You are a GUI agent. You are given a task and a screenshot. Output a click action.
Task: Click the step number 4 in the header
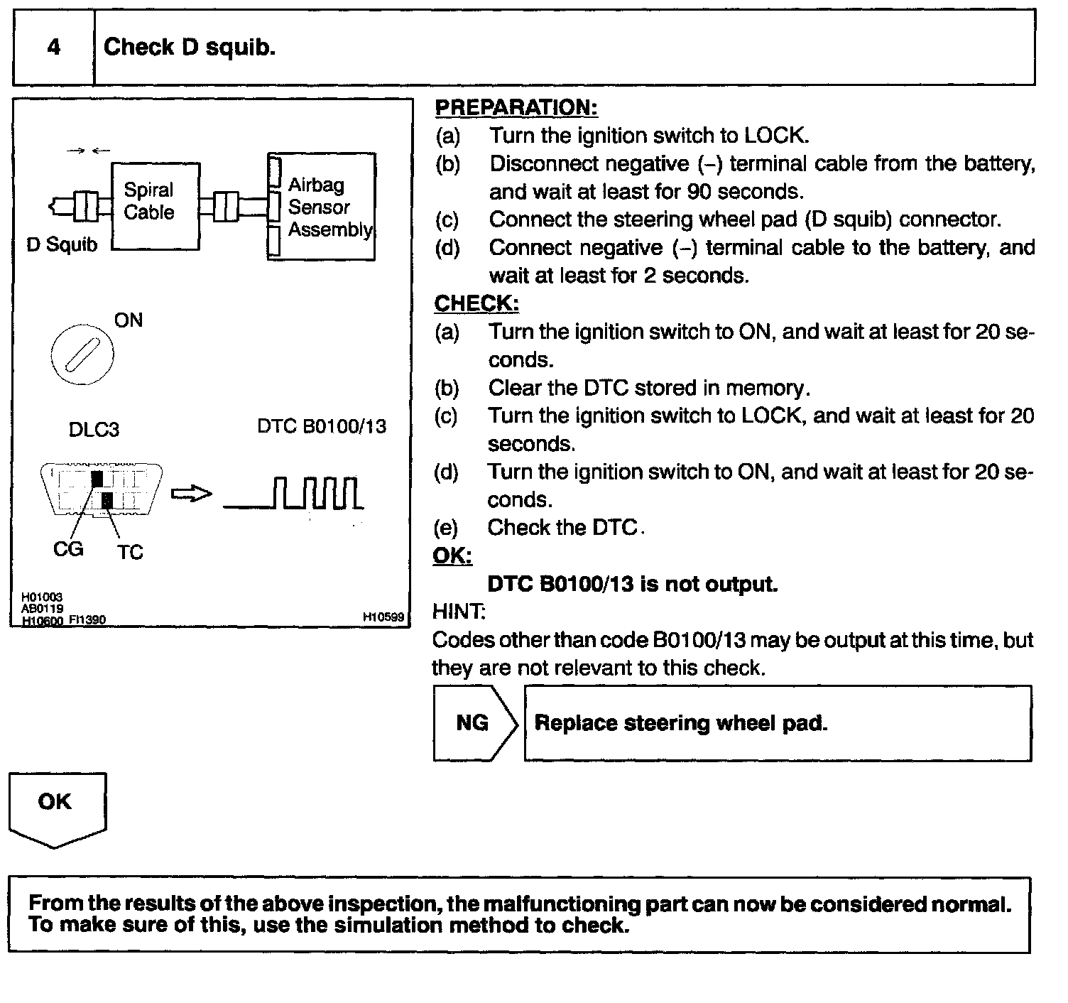coord(54,48)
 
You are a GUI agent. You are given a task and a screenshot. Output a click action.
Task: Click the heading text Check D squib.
coord(189,48)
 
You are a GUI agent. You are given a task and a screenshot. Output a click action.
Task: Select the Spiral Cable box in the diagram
coord(156,206)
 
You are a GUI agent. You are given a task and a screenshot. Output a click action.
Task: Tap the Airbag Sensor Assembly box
coord(322,207)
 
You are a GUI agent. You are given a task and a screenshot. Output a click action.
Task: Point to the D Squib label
coord(62,245)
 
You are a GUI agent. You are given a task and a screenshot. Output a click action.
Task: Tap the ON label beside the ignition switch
coord(129,320)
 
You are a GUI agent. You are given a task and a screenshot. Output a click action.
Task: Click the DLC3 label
coord(94,430)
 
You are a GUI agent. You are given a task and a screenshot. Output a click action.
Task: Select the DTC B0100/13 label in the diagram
coord(322,426)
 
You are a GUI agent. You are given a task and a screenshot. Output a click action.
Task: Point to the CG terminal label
coord(68,549)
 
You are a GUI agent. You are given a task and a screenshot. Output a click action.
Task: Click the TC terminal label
coord(130,552)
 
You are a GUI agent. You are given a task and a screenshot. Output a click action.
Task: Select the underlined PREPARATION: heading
coord(516,108)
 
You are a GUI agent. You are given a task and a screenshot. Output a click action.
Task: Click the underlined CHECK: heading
coord(476,303)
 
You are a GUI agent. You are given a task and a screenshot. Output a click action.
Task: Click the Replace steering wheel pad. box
coord(778,723)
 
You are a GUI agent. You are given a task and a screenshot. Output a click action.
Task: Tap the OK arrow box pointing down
coord(57,808)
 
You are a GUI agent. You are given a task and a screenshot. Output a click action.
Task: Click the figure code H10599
coord(383,618)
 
